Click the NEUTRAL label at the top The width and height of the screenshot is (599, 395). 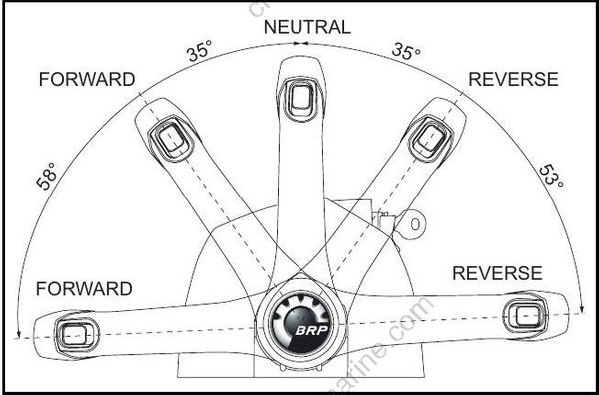[306, 27]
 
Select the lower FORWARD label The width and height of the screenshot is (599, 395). [84, 289]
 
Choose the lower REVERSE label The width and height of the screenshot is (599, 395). [497, 273]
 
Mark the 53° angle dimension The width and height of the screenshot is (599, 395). [552, 176]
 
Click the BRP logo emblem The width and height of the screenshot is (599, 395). [300, 321]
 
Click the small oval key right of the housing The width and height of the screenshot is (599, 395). [412, 225]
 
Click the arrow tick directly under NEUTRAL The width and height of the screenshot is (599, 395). [299, 45]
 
